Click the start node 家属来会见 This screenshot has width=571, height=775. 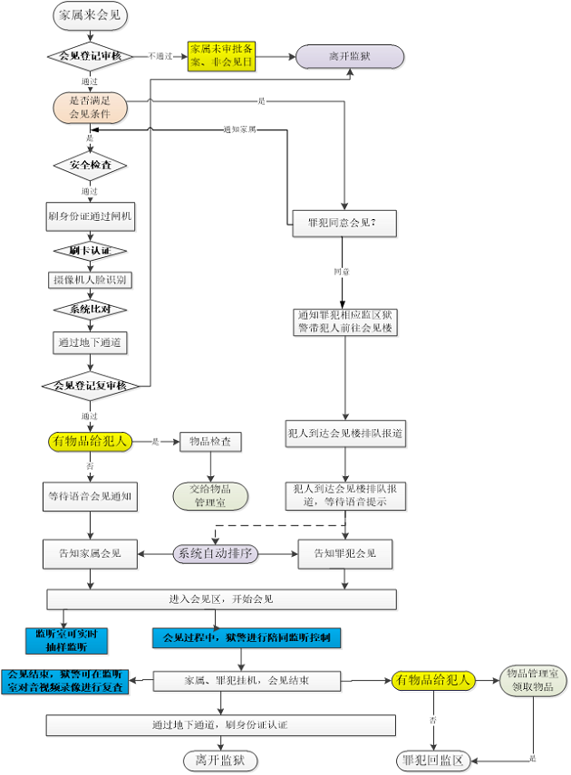click(90, 15)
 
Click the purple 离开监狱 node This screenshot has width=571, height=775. click(350, 56)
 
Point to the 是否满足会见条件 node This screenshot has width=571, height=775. click(90, 107)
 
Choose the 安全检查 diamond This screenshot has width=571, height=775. click(90, 166)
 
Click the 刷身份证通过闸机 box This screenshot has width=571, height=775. click(90, 215)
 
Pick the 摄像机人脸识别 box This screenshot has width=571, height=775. click(90, 280)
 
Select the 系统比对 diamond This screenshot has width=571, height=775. click(90, 310)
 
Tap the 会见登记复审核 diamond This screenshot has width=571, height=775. click(90, 386)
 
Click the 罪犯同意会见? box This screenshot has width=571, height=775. click(344, 222)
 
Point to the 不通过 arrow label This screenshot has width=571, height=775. click(160, 56)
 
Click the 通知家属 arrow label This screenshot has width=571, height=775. click(239, 129)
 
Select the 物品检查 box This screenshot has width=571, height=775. click(210, 442)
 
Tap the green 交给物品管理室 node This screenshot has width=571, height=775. click(210, 494)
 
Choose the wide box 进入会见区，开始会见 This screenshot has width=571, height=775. click(221, 599)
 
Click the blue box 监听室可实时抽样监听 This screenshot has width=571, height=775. click(66, 639)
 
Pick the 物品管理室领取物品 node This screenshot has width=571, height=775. click(536, 679)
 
